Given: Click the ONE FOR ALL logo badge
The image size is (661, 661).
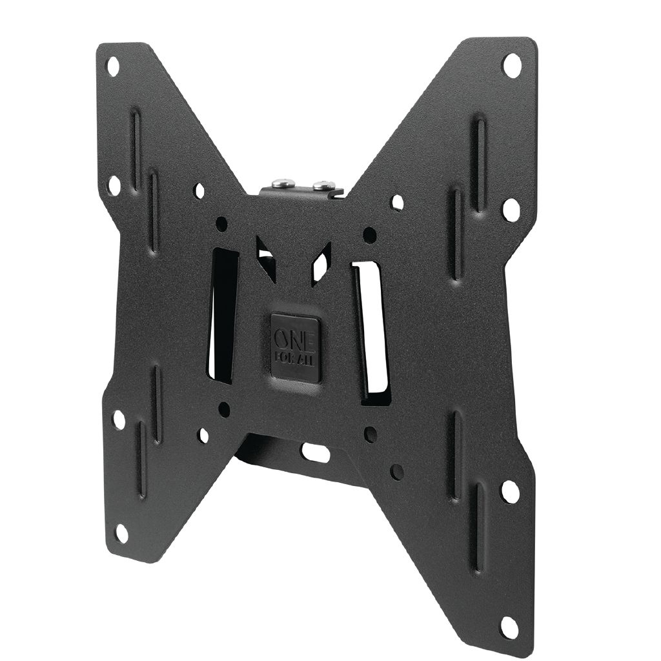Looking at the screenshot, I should click(295, 348).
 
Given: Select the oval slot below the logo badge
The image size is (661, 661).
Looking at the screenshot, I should click(316, 453).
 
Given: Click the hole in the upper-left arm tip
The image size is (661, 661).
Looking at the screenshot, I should click(112, 66).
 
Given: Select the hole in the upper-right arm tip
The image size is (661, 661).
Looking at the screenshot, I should click(512, 65).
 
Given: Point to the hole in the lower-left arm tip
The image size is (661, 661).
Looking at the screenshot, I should click(121, 533).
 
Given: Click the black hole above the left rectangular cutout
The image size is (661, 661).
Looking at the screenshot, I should click(221, 224).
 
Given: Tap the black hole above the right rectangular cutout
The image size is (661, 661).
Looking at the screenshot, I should click(369, 234).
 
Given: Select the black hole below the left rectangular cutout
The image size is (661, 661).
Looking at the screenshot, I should click(224, 409).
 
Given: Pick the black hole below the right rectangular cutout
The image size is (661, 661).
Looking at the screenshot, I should click(370, 434).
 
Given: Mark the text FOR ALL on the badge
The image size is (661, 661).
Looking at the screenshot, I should click(298, 357).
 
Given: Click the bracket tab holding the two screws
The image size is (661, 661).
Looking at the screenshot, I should click(302, 191).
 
